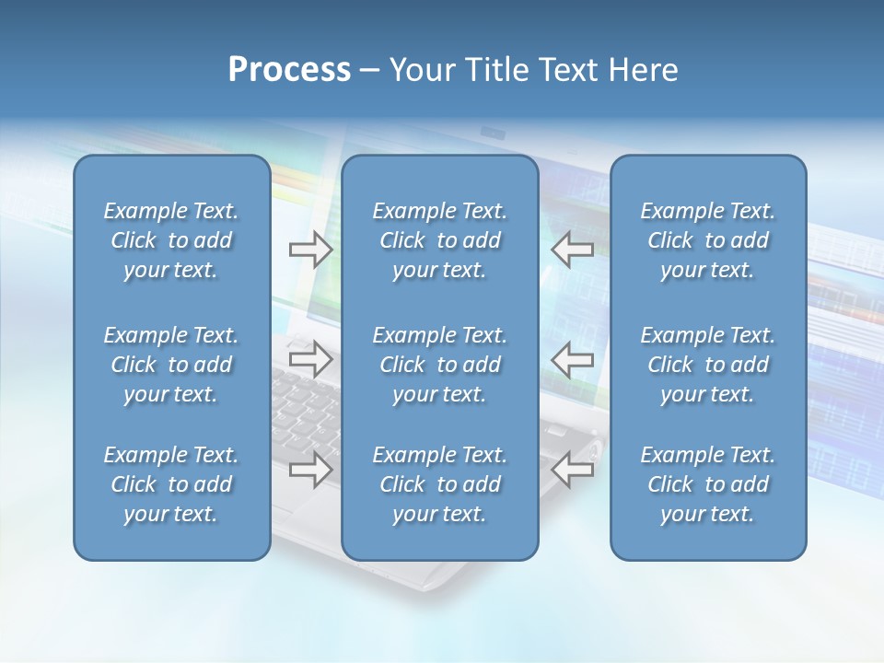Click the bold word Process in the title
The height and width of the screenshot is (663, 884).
point(289,70)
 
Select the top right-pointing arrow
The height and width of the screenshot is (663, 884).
point(310,250)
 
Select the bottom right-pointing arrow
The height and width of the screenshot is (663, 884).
point(310,470)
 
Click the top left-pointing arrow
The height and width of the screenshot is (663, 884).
point(573,250)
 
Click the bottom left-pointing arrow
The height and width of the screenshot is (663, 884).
point(573,470)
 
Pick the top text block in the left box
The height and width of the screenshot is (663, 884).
point(171,240)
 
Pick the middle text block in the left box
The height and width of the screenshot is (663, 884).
point(171,365)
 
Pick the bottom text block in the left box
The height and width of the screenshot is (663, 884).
point(171,484)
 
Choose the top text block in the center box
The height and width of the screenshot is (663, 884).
point(439,240)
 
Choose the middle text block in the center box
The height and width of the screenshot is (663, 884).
point(439,365)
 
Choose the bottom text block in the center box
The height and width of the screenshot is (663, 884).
point(439,484)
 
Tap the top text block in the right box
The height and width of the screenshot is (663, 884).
point(707,240)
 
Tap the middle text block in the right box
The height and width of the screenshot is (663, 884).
point(707,365)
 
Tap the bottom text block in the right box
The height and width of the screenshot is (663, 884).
point(707,484)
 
